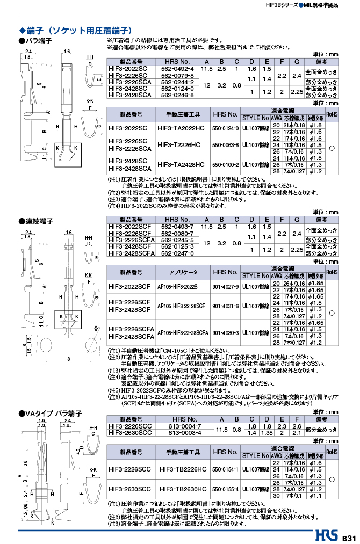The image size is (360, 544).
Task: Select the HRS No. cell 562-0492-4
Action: coord(177,70)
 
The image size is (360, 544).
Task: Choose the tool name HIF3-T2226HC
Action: coord(181,145)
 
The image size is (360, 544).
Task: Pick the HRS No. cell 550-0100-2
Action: coord(225,164)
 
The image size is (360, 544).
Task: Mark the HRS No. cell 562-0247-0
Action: coord(177,251)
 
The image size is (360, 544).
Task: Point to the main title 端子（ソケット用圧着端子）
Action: coord(78,31)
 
